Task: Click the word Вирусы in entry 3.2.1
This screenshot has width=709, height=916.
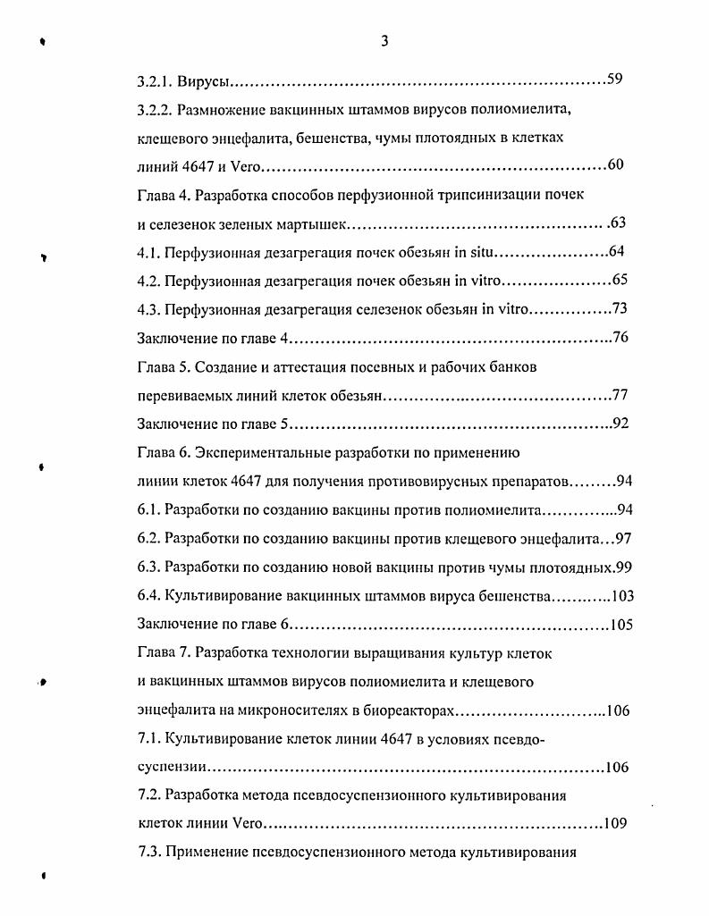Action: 204,81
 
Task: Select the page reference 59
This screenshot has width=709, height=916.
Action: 614,80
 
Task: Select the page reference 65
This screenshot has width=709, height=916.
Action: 620,280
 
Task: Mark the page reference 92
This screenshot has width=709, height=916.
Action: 621,423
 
